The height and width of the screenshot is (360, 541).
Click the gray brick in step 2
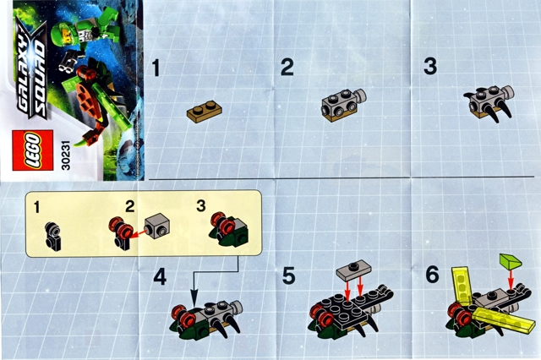(338, 106)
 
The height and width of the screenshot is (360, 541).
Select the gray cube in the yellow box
(157, 226)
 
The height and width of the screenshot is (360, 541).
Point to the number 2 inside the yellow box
(129, 206)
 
